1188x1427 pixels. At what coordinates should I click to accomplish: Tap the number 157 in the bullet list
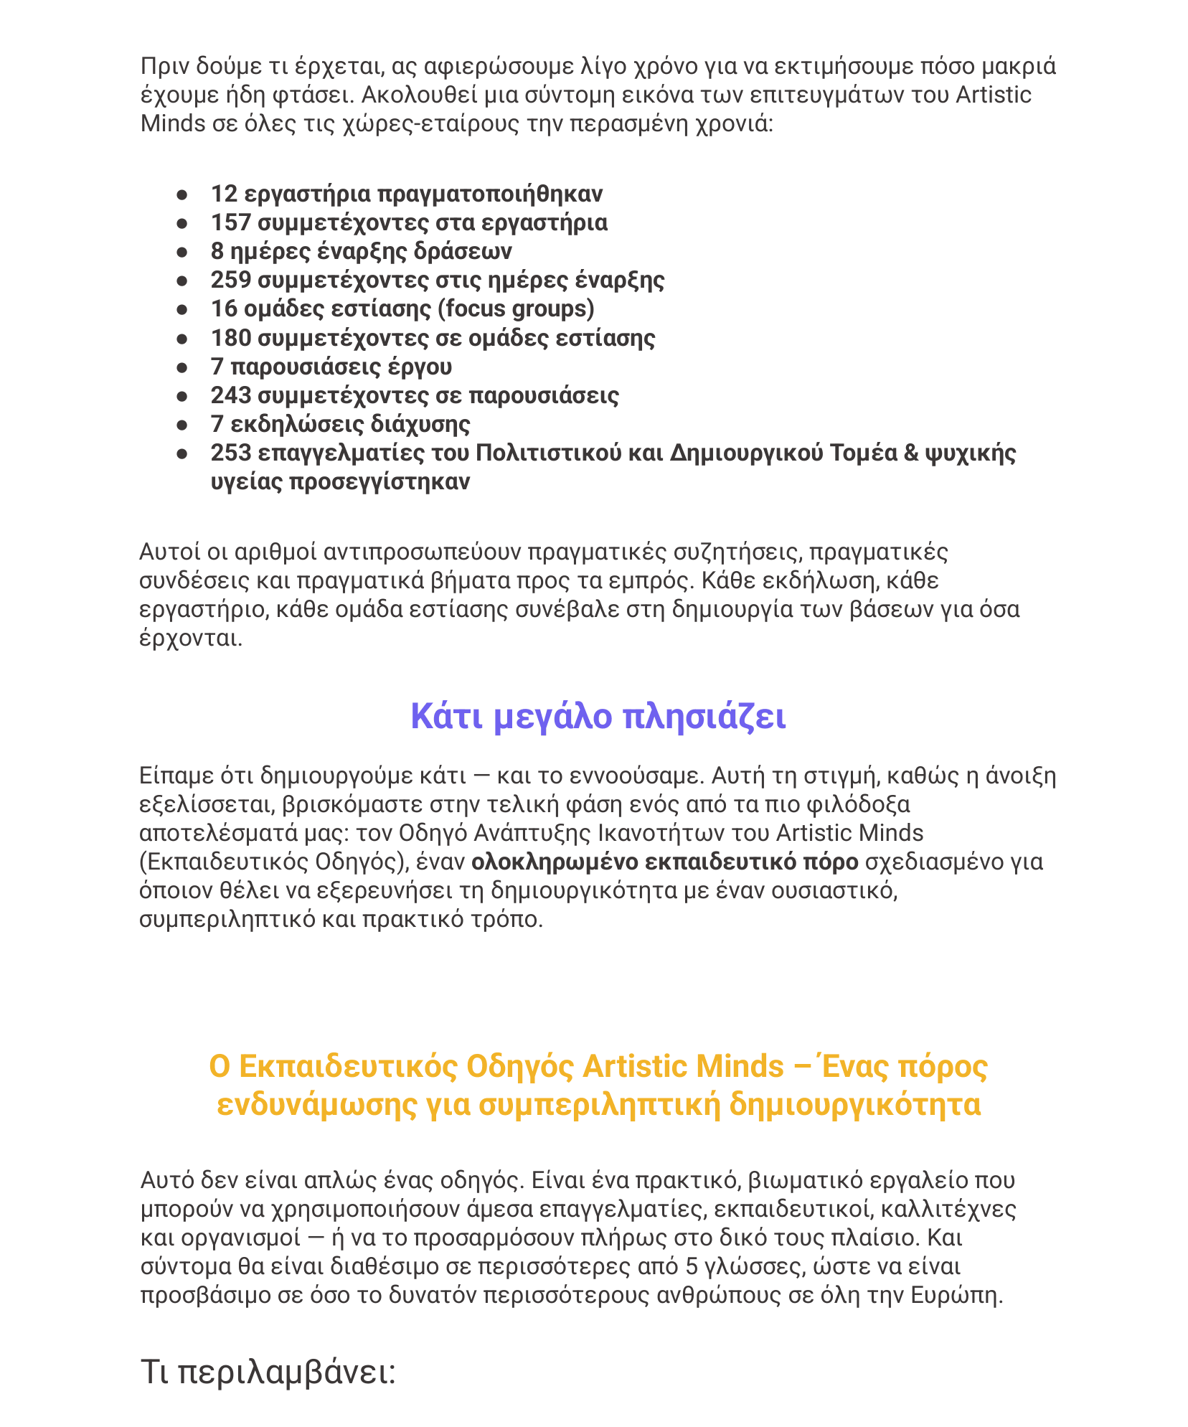[x=230, y=223]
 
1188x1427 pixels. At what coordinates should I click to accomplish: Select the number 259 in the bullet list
[x=230, y=281]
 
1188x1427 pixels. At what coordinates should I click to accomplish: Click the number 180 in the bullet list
[x=230, y=338]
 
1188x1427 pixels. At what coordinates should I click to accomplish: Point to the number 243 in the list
[x=230, y=395]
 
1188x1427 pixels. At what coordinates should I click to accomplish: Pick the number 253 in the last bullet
[x=230, y=453]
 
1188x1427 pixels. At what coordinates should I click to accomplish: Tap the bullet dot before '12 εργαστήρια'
[x=182, y=195]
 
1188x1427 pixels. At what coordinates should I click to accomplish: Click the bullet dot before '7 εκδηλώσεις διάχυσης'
[x=182, y=425]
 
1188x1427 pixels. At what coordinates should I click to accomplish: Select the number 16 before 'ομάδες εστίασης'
[x=224, y=309]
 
